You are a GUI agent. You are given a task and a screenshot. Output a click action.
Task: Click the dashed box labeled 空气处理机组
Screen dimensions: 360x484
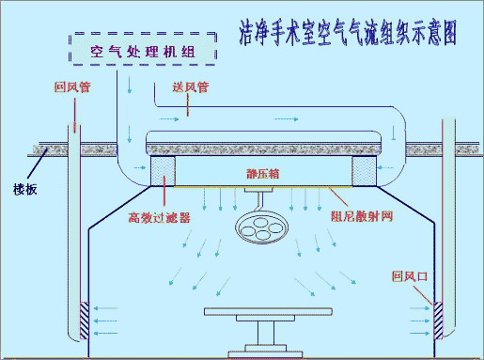click(142, 51)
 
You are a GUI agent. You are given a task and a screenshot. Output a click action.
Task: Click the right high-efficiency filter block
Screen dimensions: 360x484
click(364, 172)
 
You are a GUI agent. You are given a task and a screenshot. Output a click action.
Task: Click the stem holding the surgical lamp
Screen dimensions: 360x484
click(256, 199)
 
